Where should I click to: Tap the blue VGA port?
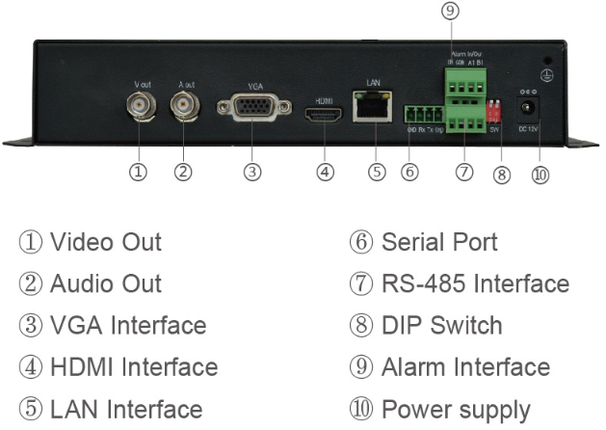click(x=252, y=108)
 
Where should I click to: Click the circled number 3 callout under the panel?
click(x=252, y=172)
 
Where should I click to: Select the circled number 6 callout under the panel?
click(x=409, y=172)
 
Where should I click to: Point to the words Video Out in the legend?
click(x=105, y=242)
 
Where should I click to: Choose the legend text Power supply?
click(x=456, y=409)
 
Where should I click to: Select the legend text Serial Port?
click(x=439, y=242)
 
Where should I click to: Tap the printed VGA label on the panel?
click(x=254, y=85)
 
